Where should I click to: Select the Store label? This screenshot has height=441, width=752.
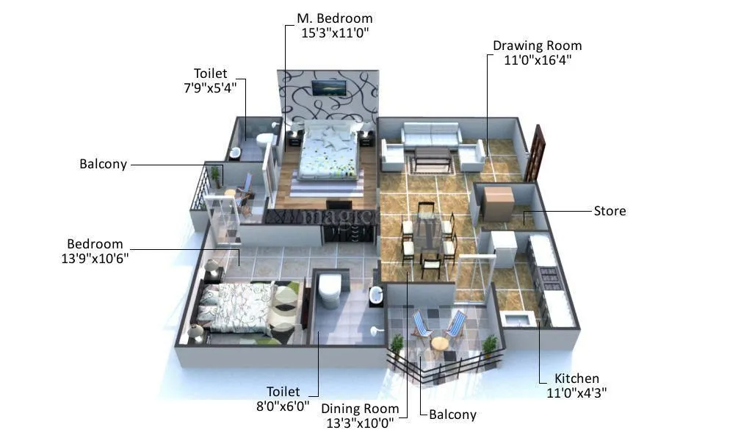point(610,211)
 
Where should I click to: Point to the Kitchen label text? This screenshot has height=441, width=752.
point(577,379)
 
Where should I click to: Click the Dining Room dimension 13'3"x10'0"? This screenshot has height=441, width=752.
point(360,423)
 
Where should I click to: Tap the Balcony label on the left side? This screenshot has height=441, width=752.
point(103,165)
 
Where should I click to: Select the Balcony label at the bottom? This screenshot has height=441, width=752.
point(452,415)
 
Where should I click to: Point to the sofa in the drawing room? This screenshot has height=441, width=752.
point(431,136)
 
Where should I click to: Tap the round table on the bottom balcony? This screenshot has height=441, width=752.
point(439,343)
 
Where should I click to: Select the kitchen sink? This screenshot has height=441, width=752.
point(516,319)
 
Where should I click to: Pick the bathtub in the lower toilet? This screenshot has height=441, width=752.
point(330,290)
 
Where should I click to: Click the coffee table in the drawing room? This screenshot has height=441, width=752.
point(432,155)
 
